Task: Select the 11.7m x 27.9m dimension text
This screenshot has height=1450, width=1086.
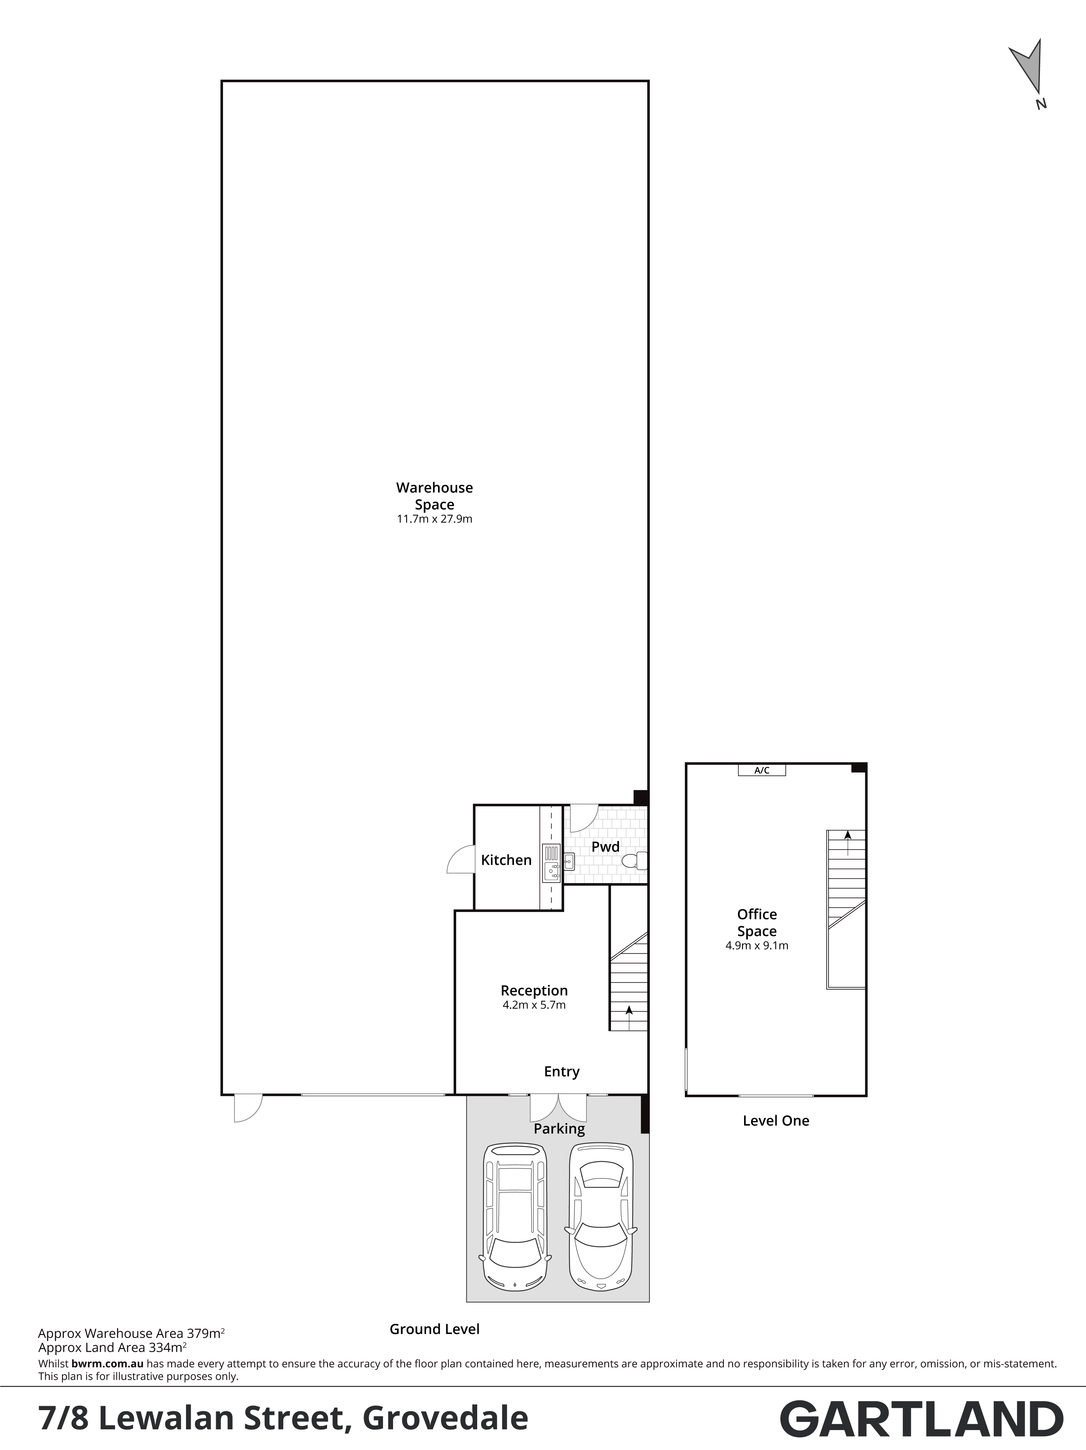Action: pyautogui.click(x=434, y=519)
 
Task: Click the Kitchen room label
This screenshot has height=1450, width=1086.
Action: pyautogui.click(x=506, y=860)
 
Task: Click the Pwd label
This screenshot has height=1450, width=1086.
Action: pyautogui.click(x=605, y=847)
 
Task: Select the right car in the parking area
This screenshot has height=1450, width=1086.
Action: pyautogui.click(x=601, y=1217)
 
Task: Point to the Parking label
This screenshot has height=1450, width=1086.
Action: pyautogui.click(x=559, y=1129)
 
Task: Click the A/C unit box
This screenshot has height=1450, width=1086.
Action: pyautogui.click(x=761, y=770)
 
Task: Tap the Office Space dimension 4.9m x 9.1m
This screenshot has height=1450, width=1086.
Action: pyautogui.click(x=757, y=946)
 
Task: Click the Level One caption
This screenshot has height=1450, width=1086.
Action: pyautogui.click(x=776, y=1121)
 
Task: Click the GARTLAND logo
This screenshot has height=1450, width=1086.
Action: pyautogui.click(x=921, y=1419)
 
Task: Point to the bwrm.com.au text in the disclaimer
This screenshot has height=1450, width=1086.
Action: pyautogui.click(x=108, y=1363)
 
